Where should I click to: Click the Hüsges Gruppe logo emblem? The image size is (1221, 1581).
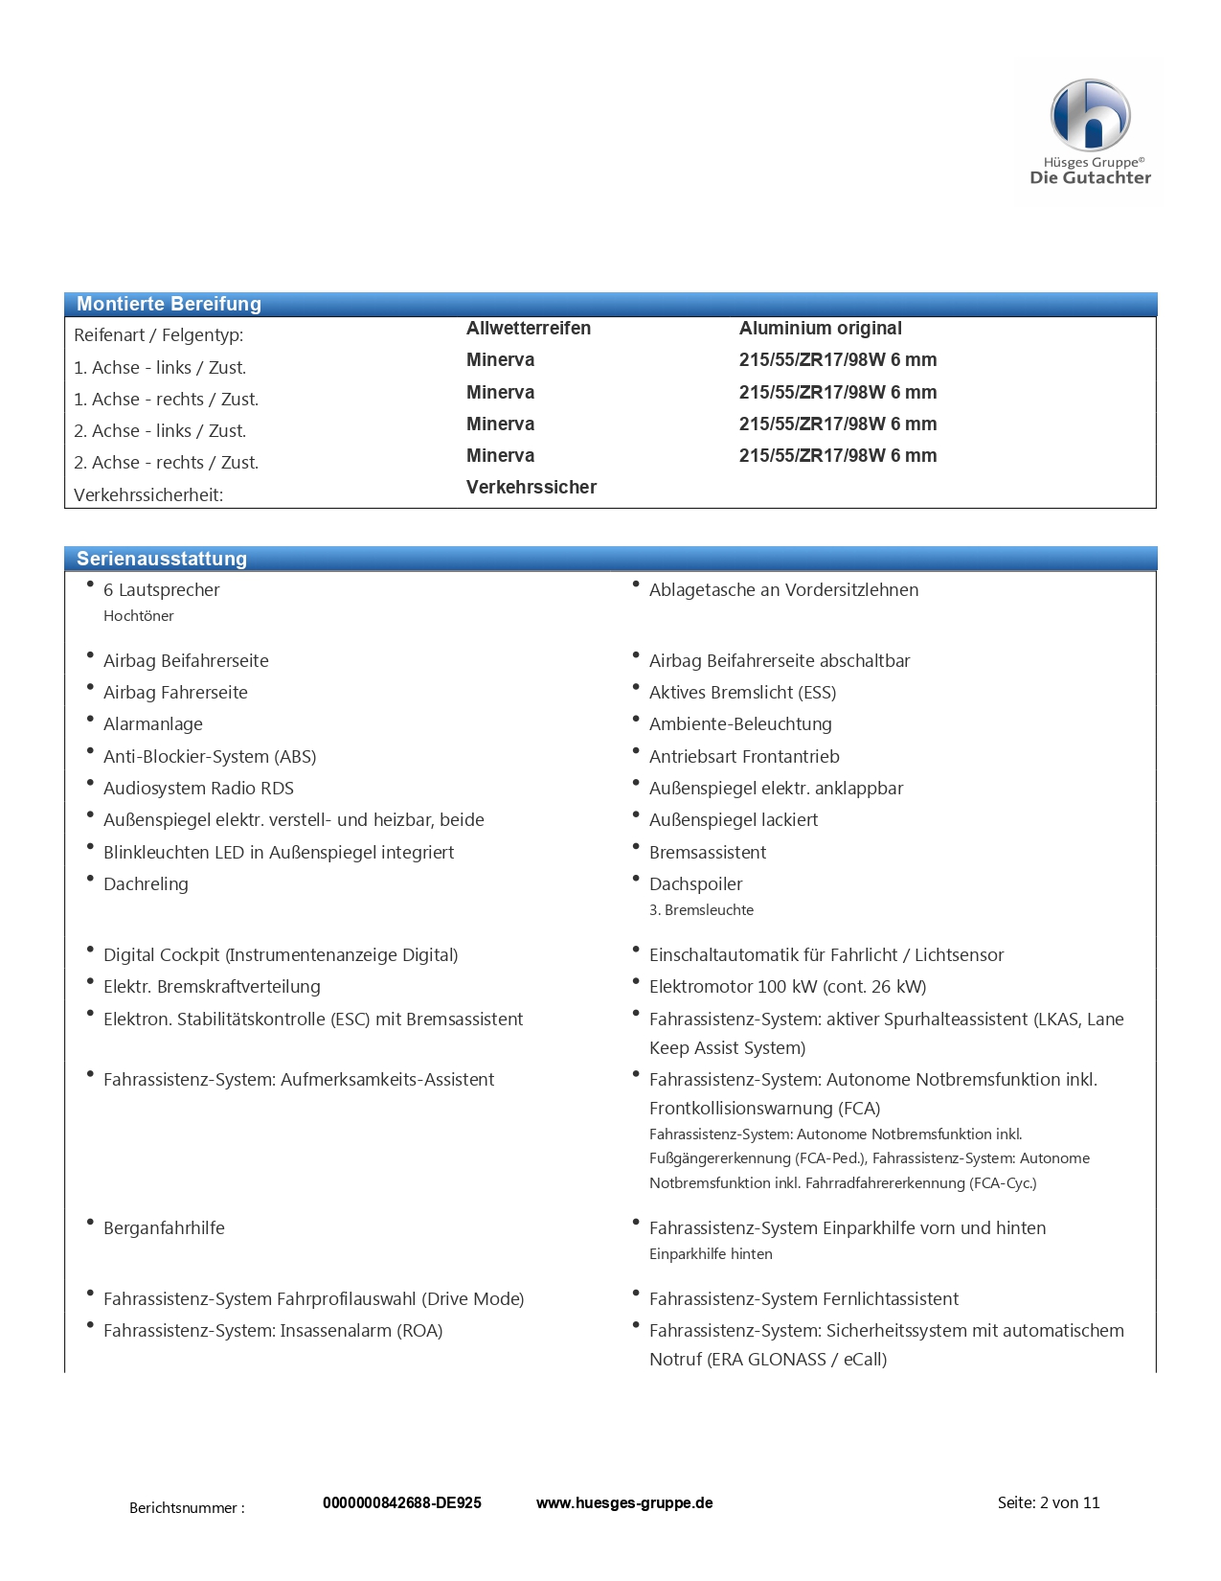point(1090,115)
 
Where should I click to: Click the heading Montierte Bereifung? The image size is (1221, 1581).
point(169,304)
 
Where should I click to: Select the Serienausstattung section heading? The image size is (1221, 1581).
point(161,559)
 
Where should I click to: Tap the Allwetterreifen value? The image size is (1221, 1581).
point(528,328)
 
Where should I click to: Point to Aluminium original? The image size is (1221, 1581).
point(820,328)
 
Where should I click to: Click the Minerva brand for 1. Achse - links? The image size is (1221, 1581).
point(500,359)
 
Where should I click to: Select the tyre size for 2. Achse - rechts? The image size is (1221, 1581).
point(837,455)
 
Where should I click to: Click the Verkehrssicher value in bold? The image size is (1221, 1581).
point(531,487)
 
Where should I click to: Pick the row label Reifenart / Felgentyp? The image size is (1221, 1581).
point(158,335)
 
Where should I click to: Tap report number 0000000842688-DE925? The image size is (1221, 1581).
point(401,1502)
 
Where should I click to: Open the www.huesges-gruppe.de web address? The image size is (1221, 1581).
point(623,1502)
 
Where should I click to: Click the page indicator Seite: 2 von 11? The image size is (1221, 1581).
point(1048,1502)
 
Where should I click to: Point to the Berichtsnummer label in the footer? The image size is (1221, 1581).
point(187,1507)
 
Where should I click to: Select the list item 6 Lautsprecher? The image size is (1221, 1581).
point(161,590)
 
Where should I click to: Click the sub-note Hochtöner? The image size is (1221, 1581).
point(138,616)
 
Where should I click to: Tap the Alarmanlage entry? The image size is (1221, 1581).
point(152,724)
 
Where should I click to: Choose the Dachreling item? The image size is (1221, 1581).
point(146,883)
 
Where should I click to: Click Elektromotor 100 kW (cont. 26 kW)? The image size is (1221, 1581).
point(787,986)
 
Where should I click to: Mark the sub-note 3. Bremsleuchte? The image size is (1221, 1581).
point(701,910)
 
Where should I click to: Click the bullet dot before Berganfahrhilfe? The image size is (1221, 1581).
point(90,1223)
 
